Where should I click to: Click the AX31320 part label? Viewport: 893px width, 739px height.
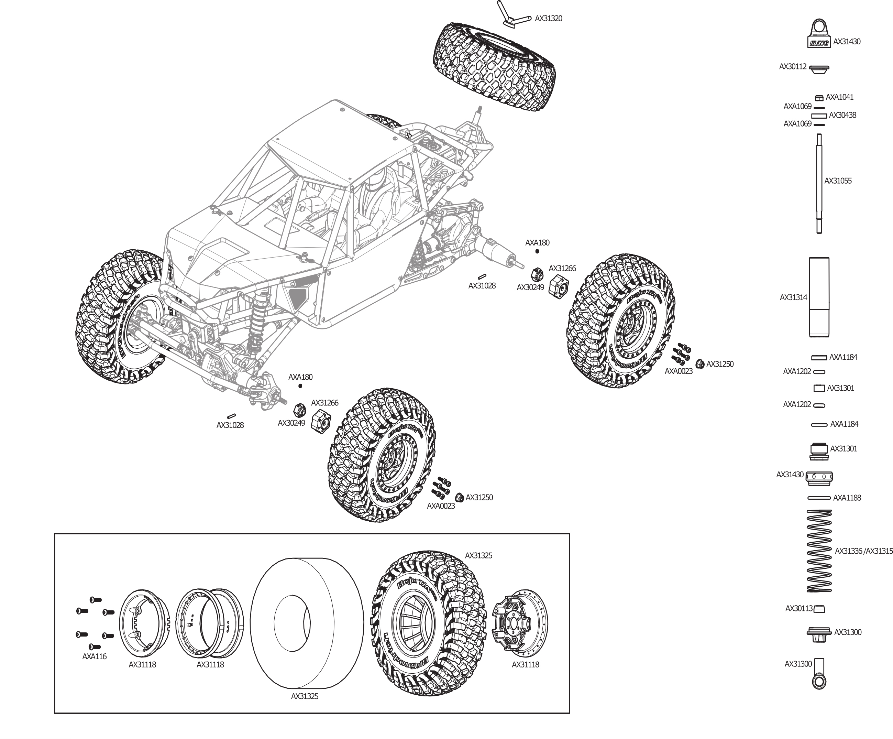pyautogui.click(x=548, y=19)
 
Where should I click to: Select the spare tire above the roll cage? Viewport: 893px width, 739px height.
pyautogui.click(x=495, y=66)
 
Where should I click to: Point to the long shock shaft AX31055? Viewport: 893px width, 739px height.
pyautogui.click(x=819, y=183)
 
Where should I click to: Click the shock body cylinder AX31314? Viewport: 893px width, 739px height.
pyautogui.click(x=819, y=297)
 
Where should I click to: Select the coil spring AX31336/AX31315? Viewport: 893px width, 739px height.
pyautogui.click(x=819, y=551)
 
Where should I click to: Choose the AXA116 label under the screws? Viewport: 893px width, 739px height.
pyautogui.click(x=95, y=656)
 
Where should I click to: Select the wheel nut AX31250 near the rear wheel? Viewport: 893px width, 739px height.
pyautogui.click(x=699, y=364)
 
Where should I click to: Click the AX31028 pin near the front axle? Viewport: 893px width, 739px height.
pyautogui.click(x=232, y=416)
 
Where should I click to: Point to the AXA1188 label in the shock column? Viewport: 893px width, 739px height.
pyautogui.click(x=847, y=498)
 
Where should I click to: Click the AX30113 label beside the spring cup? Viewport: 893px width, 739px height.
pyautogui.click(x=798, y=609)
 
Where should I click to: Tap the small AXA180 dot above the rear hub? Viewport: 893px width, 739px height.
pyautogui.click(x=537, y=251)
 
